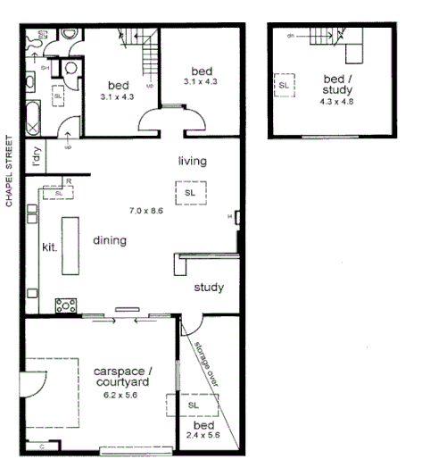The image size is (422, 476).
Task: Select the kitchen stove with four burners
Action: point(65,305)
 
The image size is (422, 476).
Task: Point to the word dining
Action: point(109,240)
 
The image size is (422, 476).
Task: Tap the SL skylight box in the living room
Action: point(190,193)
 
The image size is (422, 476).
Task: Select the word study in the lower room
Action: point(209,288)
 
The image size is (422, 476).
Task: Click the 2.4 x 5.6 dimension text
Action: point(203,436)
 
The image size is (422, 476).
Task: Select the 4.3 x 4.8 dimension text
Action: point(337,102)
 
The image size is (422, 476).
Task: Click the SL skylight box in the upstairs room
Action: point(284,85)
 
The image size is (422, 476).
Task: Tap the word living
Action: point(192,162)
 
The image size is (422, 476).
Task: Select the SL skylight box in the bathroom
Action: point(58,96)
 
